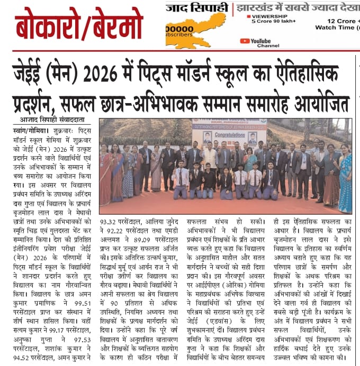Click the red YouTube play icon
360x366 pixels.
(245, 41)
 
